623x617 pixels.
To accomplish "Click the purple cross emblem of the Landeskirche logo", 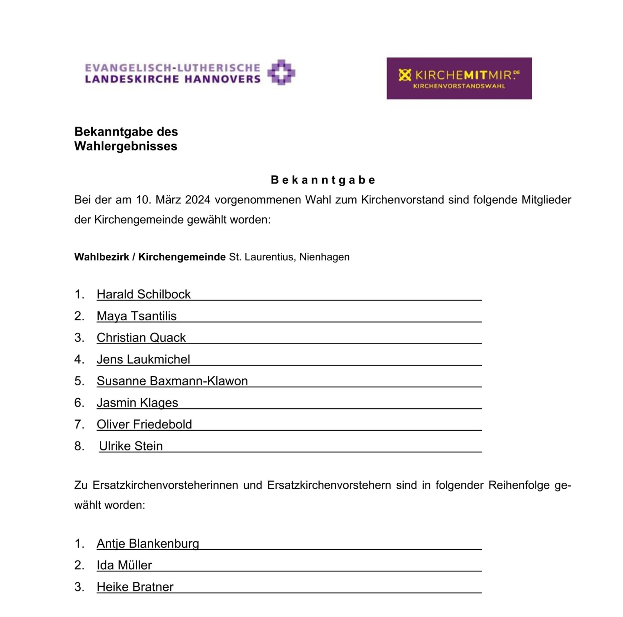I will (281, 72).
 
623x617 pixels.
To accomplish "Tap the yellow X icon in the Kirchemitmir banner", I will (405, 75).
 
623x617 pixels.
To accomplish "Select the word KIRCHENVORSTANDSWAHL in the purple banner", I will (459, 86).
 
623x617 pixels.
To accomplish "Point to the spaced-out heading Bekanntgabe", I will (323, 180).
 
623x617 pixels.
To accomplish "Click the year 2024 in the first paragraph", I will (198, 200).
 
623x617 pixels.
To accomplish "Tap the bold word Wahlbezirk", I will (102, 257).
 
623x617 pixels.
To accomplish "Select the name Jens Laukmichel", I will (143, 359).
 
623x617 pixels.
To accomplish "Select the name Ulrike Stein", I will (131, 446).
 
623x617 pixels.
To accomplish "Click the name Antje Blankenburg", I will (148, 544).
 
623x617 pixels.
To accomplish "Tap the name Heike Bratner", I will (135, 587).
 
